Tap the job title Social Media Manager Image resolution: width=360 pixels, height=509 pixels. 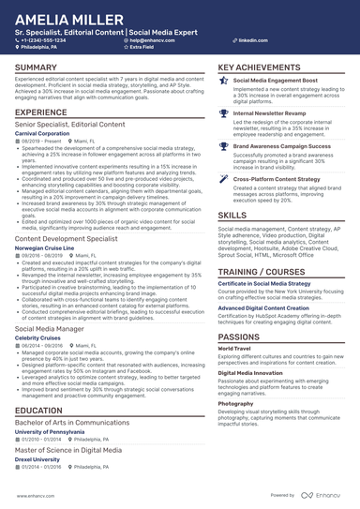pos(49,329)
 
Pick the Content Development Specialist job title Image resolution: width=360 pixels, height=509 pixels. pos(66,239)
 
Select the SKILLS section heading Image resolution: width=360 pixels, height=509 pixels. pos(232,215)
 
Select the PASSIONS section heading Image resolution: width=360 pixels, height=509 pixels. pos(240,335)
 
